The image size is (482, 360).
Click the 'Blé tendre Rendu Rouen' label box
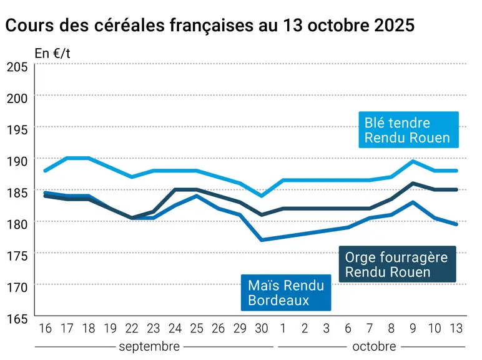click(x=408, y=129)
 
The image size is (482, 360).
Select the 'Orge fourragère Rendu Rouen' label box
click(x=398, y=264)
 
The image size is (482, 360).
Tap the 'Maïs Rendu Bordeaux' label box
click(x=286, y=292)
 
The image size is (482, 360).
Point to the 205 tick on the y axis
click(x=17, y=67)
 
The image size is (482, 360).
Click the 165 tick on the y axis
click(x=17, y=319)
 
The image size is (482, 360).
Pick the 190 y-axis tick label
click(x=17, y=161)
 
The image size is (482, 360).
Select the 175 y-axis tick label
click(x=17, y=256)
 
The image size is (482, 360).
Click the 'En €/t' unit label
click(x=52, y=54)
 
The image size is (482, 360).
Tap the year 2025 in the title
click(x=395, y=25)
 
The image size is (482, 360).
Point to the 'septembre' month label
click(x=149, y=346)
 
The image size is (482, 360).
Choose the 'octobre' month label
click(x=374, y=346)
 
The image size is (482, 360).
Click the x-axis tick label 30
click(x=262, y=328)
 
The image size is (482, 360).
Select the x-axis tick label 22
click(x=132, y=328)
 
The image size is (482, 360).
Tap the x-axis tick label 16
click(x=45, y=328)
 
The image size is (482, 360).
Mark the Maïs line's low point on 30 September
click(x=262, y=240)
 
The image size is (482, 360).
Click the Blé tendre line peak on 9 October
click(x=413, y=161)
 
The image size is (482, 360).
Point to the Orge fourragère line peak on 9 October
click(x=413, y=183)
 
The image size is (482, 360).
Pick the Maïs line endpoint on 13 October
click(x=456, y=224)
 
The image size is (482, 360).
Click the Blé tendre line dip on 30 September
click(x=262, y=196)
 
